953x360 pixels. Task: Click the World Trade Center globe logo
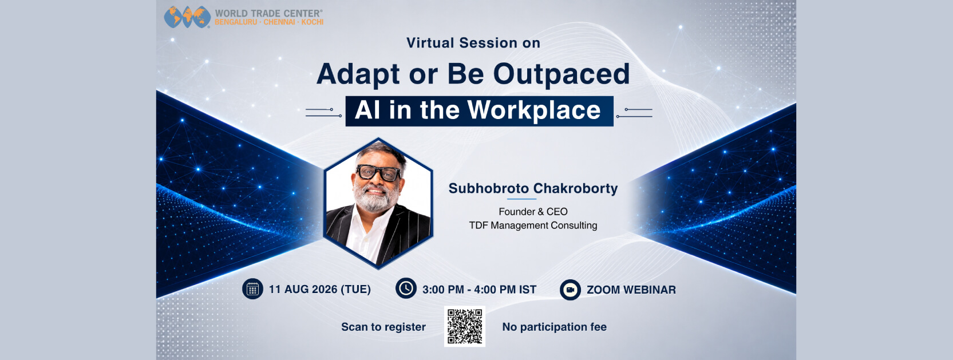pos(187,17)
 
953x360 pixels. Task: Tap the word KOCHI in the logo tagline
pos(313,22)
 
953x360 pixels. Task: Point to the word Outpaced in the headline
pos(561,74)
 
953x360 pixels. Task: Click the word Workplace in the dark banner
pos(534,110)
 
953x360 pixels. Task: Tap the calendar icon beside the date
pos(253,289)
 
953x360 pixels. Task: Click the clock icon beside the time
pos(406,288)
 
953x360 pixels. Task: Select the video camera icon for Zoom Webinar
pos(570,290)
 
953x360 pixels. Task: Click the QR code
pos(465,326)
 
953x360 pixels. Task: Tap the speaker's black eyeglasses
pos(378,172)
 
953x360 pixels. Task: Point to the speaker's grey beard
pos(375,198)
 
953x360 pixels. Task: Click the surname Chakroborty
pos(576,188)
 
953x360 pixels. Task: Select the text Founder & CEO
pos(533,212)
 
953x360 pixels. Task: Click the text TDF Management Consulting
pos(533,226)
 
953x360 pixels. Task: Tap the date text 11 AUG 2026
pos(303,290)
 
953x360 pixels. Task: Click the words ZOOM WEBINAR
pos(631,290)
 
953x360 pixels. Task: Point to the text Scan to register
pos(383,327)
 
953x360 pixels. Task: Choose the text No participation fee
pos(555,327)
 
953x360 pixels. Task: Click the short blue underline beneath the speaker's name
pos(521,199)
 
